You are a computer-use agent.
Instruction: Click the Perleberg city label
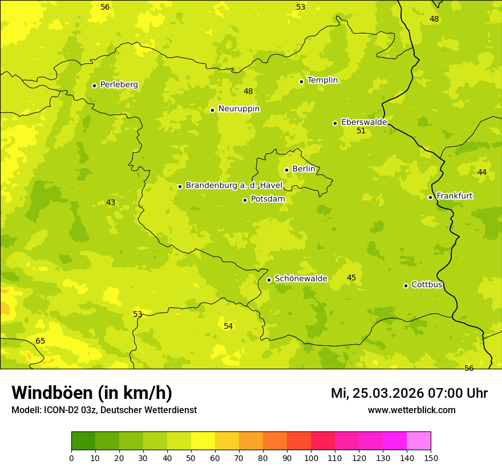(x=119, y=85)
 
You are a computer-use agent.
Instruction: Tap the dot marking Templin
(x=301, y=81)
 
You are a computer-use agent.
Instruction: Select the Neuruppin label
(x=238, y=109)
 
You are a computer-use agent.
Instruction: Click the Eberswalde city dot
(x=335, y=123)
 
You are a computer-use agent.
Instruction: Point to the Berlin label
(x=303, y=169)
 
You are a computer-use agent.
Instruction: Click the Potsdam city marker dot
(x=245, y=200)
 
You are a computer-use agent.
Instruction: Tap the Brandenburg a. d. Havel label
(x=234, y=186)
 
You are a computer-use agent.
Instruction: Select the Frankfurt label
(x=454, y=196)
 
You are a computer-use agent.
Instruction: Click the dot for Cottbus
(x=406, y=286)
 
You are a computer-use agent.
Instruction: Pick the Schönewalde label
(x=301, y=279)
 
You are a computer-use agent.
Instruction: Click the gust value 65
(x=40, y=341)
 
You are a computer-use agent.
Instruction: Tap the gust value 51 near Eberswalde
(x=361, y=131)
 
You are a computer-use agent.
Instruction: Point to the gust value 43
(x=111, y=203)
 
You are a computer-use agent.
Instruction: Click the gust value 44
(x=482, y=173)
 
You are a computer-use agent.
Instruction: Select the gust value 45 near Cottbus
(x=351, y=278)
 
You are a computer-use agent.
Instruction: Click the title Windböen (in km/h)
(x=92, y=393)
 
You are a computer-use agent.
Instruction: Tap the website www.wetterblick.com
(x=411, y=410)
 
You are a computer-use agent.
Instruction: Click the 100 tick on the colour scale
(x=311, y=458)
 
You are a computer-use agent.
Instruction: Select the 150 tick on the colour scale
(x=430, y=458)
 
